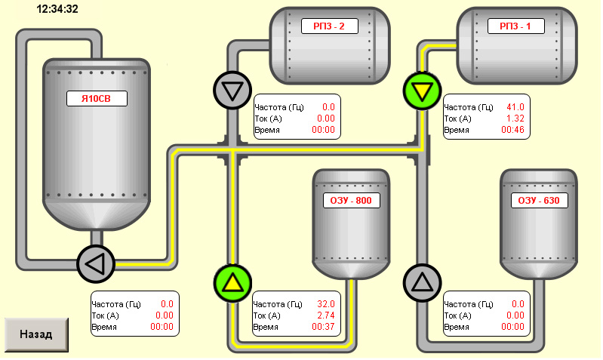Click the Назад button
point(36,334)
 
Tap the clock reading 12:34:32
point(57,9)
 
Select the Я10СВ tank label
point(97,98)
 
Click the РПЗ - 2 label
point(330,26)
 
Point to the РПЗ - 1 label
point(516,26)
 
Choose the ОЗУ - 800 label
point(352,201)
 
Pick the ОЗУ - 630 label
point(540,201)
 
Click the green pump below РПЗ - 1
point(423,91)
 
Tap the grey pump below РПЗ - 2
point(232,91)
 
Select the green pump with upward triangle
point(232,284)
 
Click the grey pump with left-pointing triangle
point(96,264)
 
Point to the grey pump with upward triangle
point(423,283)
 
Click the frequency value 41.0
point(515,107)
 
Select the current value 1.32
point(515,118)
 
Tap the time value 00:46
point(512,130)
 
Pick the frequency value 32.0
point(326,304)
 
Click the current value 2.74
point(326,315)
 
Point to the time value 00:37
point(323,327)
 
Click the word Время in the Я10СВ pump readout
point(104,328)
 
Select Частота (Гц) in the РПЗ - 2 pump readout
point(279,107)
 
